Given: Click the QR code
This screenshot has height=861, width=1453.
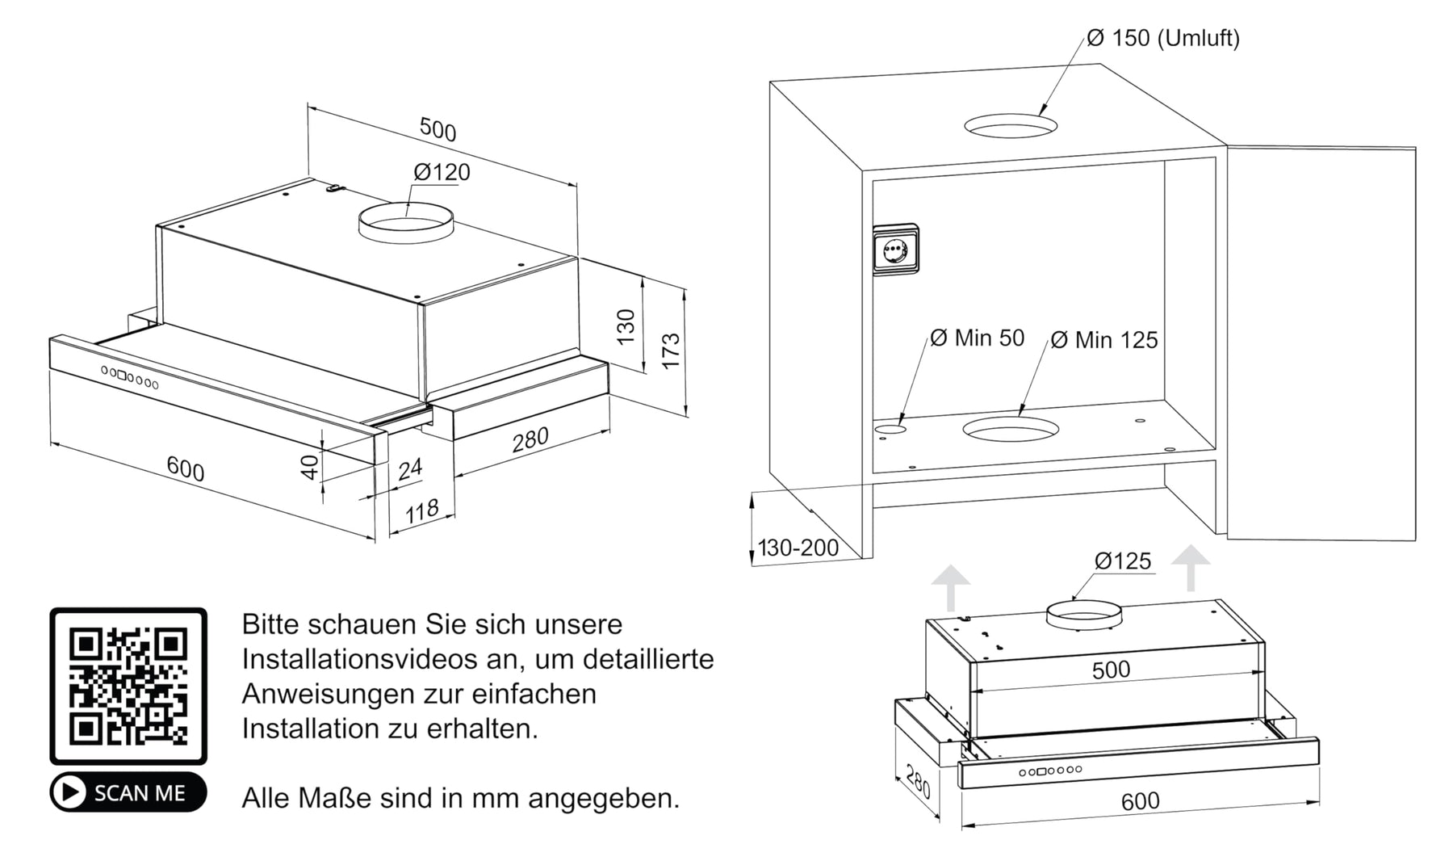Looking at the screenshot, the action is (128, 686).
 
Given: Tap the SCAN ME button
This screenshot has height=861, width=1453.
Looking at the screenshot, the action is (128, 792).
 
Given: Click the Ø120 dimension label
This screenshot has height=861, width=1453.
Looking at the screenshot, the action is (442, 172).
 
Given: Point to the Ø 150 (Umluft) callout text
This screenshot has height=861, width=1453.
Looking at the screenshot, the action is (1163, 38).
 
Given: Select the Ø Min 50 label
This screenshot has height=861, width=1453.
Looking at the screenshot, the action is (977, 338).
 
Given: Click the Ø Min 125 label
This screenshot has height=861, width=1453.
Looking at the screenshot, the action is (1104, 340).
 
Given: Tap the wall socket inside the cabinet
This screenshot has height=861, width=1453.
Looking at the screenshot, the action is (895, 250).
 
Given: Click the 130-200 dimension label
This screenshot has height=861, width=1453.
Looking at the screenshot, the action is (798, 548).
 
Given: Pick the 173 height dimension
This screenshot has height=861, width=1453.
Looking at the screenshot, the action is (671, 351).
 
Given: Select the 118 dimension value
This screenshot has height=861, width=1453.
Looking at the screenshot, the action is (421, 511).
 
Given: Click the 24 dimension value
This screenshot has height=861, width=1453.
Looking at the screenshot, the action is (410, 469).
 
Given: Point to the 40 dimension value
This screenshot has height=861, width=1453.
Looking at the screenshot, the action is (309, 467).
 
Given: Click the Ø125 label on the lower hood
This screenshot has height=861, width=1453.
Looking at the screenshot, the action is (1123, 561).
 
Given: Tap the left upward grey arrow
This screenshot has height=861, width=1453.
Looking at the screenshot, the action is (951, 587).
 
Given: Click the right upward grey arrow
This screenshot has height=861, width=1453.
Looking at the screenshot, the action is (1191, 568).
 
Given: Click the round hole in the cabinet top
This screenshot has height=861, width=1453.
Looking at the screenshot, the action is (1011, 125).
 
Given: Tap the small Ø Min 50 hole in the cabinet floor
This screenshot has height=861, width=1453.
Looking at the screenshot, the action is (889, 430).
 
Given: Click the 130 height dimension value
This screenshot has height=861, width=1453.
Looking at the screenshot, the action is (626, 326).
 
